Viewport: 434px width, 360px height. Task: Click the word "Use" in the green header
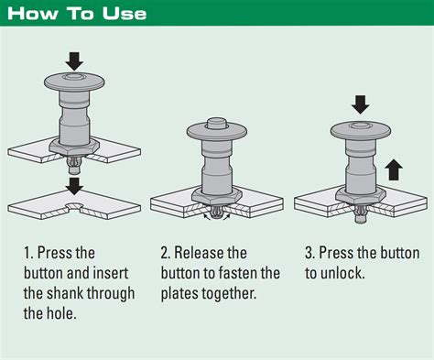125,14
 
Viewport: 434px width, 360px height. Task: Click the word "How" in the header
33,14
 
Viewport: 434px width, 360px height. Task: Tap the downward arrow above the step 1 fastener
74,61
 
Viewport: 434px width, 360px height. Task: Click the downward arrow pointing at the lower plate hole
74,186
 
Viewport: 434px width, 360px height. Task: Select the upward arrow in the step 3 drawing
394,169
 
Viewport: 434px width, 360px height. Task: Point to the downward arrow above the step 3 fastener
361,104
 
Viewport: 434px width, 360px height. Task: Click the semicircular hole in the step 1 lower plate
73,206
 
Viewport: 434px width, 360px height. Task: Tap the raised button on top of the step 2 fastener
216,123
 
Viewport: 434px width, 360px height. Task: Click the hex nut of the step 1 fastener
74,147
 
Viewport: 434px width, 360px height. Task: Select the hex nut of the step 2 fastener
216,197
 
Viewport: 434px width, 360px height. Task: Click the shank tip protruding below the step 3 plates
361,219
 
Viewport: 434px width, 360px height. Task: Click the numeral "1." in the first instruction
28,253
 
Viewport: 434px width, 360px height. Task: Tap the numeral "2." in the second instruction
166,253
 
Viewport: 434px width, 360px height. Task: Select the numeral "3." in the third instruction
309,253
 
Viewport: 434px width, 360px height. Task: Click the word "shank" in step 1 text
64,293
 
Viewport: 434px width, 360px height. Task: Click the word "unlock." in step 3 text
342,273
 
